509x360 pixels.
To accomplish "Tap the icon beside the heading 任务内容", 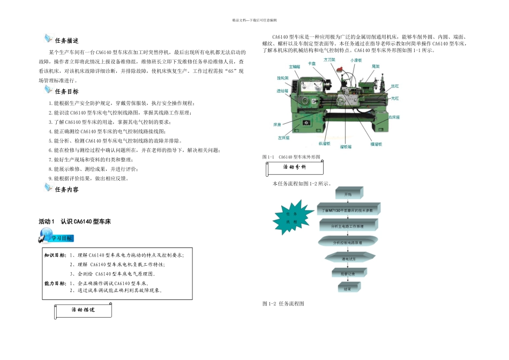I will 48,189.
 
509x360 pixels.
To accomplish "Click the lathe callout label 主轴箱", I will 295,67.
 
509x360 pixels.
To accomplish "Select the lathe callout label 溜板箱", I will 346,146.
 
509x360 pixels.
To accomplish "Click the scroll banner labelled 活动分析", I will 295,168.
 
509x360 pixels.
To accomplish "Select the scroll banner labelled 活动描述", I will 84,310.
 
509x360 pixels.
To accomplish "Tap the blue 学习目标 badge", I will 56,237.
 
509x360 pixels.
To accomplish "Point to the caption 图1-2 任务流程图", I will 283,304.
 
